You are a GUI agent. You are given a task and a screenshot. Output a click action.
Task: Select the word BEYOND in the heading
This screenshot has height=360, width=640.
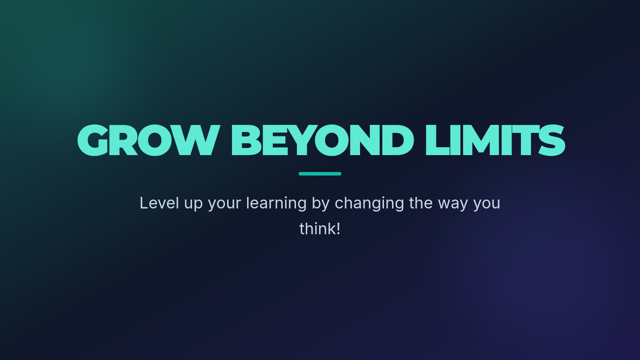(x=323, y=140)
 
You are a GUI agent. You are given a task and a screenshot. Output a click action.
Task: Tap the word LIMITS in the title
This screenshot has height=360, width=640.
(x=495, y=140)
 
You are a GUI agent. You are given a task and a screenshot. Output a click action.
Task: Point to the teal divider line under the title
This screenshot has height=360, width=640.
(x=320, y=174)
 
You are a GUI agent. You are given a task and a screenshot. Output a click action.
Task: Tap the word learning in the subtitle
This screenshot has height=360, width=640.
(x=276, y=204)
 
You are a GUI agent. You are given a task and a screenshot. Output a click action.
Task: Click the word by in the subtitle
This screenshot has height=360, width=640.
(x=321, y=204)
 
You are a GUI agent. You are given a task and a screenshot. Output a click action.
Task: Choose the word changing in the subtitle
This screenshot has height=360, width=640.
(x=369, y=204)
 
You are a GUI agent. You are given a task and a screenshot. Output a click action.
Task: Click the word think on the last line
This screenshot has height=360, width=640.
(x=317, y=229)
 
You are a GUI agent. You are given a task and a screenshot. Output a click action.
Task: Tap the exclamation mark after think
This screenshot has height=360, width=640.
(x=338, y=229)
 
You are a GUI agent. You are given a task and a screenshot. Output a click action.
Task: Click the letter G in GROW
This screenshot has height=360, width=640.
(x=93, y=140)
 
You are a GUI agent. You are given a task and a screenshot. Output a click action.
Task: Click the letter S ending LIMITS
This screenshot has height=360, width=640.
(x=551, y=140)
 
